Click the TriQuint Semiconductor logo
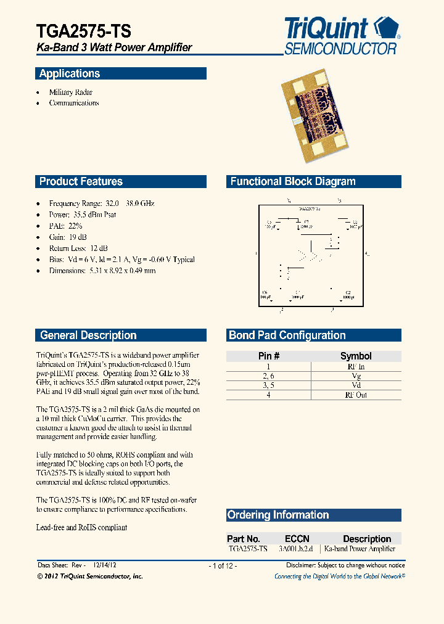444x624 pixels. pos(342,36)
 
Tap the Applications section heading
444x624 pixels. pos(70,74)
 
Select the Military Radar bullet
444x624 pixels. pos(71,92)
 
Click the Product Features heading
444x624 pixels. pos(81,182)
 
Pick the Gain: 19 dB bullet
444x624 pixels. pos(68,237)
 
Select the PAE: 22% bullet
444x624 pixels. pos(65,226)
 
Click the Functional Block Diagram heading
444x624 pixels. pos(293,182)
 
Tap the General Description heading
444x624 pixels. pos(88,335)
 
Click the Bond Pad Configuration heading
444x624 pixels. pos(287,335)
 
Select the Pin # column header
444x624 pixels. pos(269,356)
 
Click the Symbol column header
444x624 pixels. pos(356,356)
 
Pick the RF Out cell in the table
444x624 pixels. pos(356,395)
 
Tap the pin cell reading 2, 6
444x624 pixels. pos(269,376)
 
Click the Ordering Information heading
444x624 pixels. pos(278,515)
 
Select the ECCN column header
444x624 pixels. pos(297,539)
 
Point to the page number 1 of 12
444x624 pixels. pos(223,566)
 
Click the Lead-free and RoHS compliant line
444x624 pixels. pos(81,528)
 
